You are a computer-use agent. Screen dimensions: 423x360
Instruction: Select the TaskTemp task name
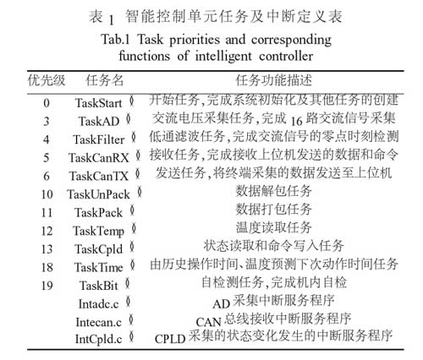tap(97, 230)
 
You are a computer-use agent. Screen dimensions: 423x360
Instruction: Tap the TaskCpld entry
tap(96, 248)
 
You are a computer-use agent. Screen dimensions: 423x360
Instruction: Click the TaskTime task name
tap(97, 266)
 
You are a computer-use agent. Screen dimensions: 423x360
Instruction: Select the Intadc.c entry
tap(95, 302)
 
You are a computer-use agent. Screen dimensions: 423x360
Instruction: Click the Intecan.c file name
tap(96, 322)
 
